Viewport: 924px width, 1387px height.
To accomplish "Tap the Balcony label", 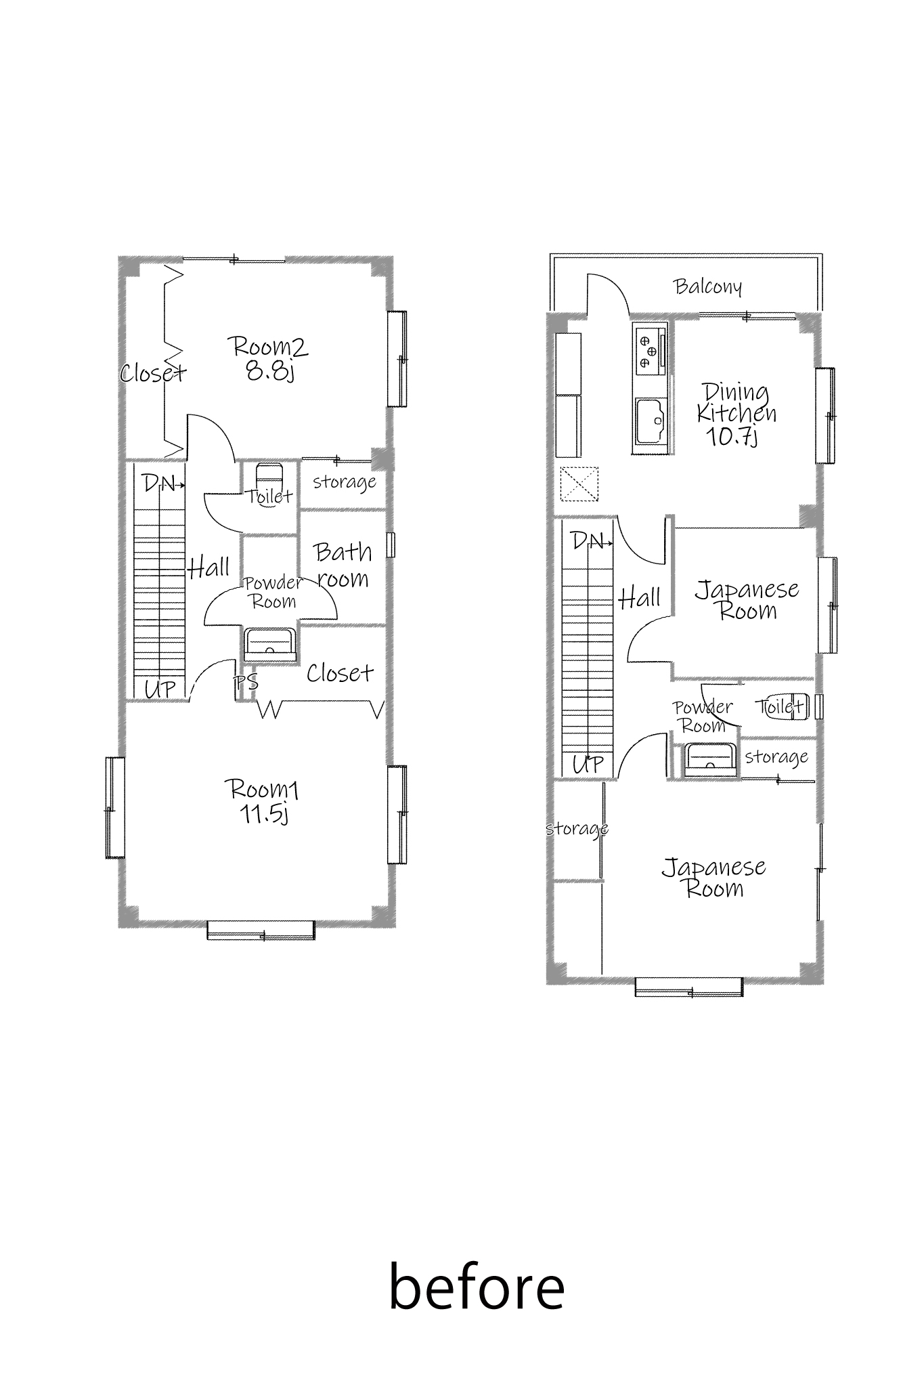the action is tap(708, 286).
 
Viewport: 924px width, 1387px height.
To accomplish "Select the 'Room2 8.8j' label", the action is tap(270, 358).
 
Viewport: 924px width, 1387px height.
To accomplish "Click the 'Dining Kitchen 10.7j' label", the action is tap(736, 414).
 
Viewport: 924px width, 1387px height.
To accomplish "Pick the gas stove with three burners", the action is tap(651, 349).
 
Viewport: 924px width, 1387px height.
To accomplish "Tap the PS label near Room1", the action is tap(246, 681).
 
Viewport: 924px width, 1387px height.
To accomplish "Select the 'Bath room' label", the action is tap(343, 566).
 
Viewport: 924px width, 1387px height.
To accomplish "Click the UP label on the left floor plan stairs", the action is tap(160, 690).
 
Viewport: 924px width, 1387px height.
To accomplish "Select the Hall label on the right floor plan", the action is tap(640, 598).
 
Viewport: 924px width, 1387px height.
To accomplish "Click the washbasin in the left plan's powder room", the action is tap(270, 644).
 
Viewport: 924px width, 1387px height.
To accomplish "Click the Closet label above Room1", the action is tap(340, 673).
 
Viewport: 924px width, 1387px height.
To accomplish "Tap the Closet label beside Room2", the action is tap(153, 372).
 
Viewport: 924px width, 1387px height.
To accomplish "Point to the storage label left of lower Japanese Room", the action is tap(577, 829).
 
